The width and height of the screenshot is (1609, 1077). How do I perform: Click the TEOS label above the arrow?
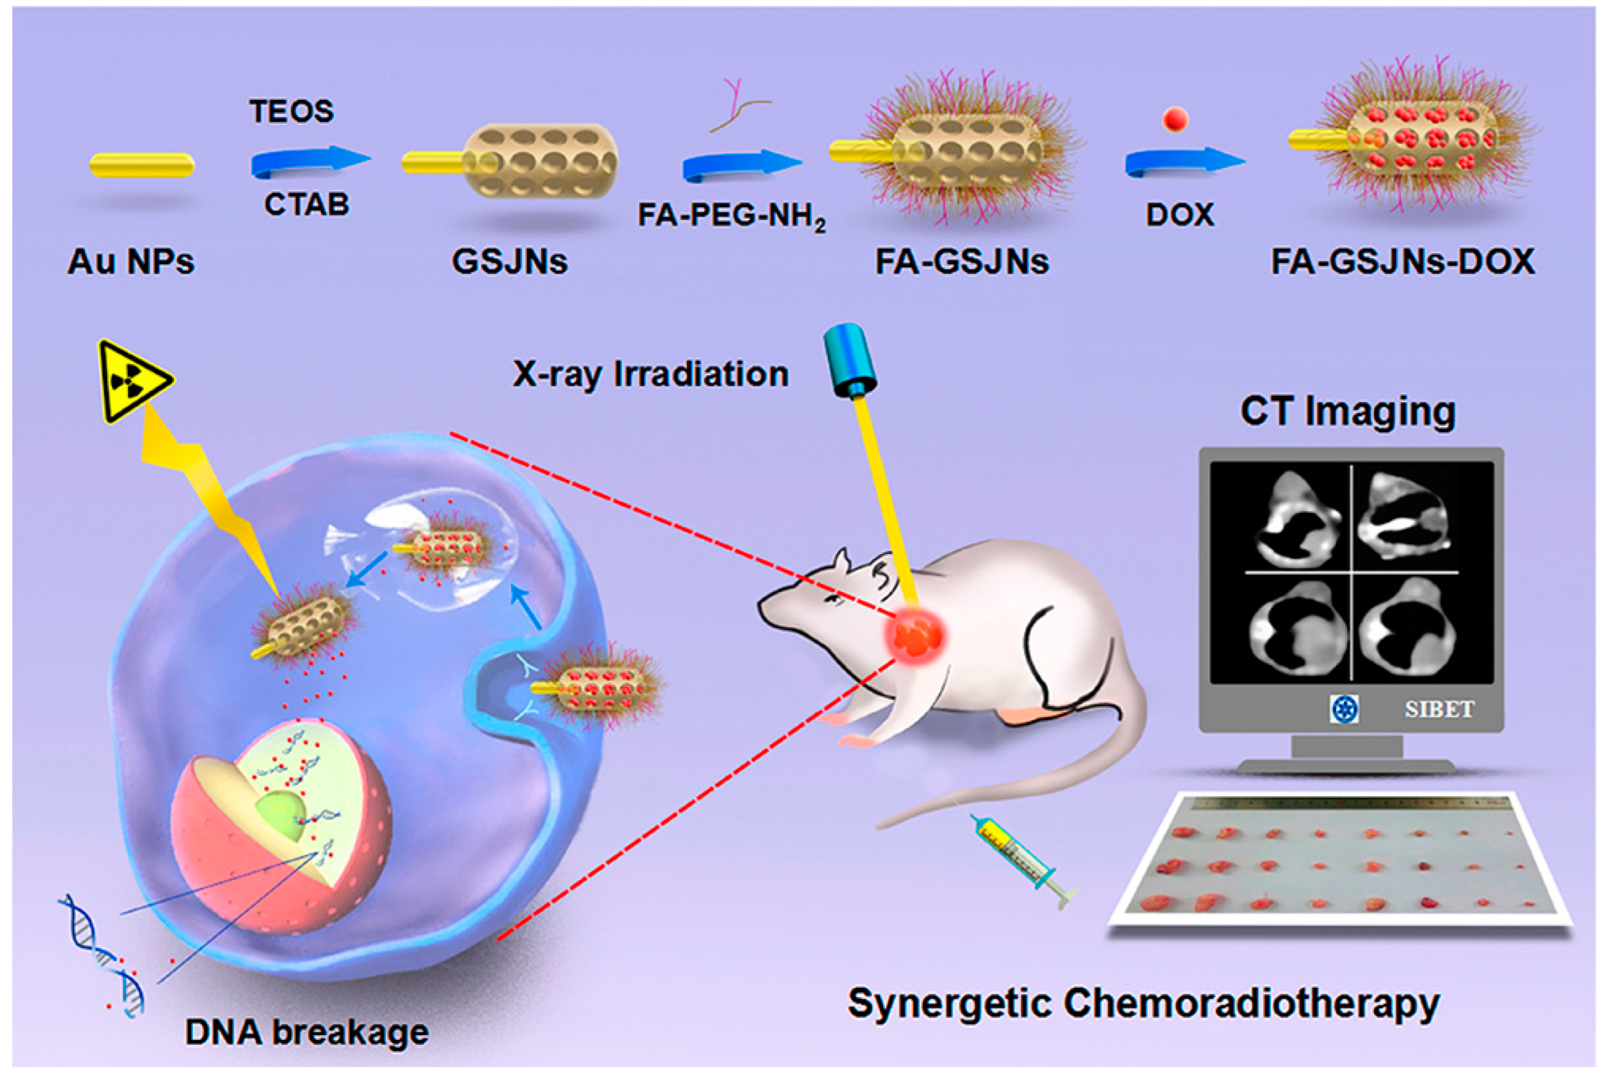click(x=291, y=111)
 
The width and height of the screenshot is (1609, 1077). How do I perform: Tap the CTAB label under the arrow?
click(x=307, y=204)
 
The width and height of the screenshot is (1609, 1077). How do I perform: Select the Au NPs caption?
click(x=131, y=262)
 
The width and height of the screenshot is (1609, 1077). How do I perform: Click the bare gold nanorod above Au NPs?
click(x=142, y=165)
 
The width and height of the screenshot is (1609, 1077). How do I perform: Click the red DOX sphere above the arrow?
click(x=1176, y=119)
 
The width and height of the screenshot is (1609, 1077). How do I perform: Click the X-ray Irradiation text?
click(x=650, y=374)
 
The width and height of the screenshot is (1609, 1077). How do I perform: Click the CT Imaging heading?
click(x=1348, y=411)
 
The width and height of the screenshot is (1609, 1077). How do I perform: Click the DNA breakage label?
click(x=307, y=1031)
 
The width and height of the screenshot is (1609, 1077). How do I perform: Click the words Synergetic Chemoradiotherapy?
click(x=1144, y=1003)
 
